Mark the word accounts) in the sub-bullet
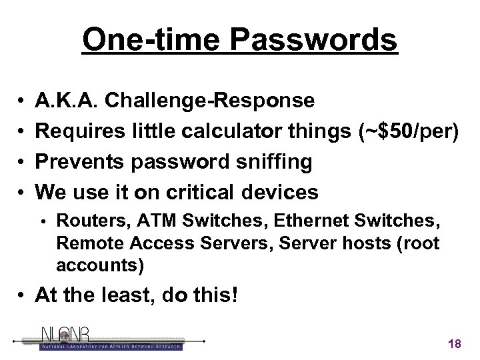tap(99, 265)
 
